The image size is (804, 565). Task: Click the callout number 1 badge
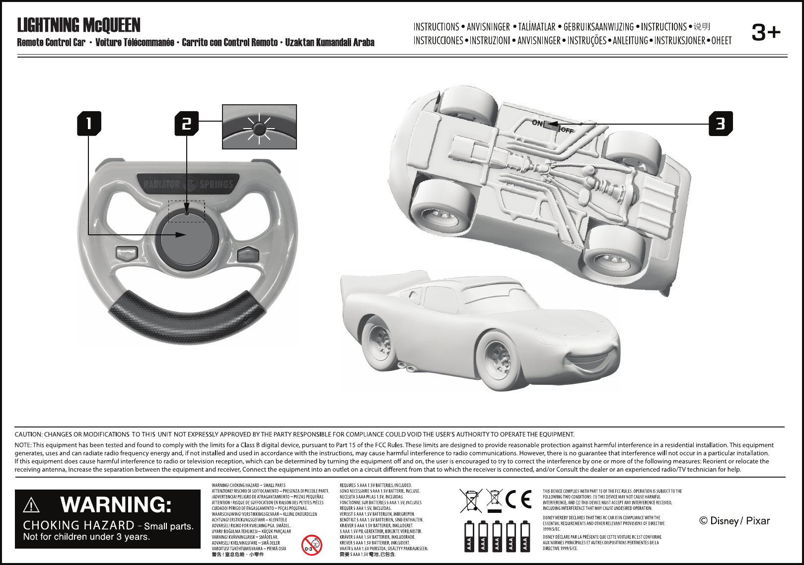(x=89, y=124)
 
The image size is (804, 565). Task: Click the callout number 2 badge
(x=186, y=124)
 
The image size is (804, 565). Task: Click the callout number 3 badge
(x=721, y=124)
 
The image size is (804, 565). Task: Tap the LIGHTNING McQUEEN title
(x=79, y=25)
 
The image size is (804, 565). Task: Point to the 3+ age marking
(x=766, y=33)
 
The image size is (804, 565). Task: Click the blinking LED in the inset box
(x=259, y=129)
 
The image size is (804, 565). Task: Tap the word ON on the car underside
(x=538, y=122)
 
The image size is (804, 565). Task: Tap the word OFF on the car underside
(x=567, y=130)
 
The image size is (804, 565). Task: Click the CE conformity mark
(x=519, y=499)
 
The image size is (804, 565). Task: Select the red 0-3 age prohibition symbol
(x=311, y=546)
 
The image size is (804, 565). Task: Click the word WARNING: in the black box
(x=116, y=504)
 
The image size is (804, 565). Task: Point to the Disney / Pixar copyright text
(x=734, y=521)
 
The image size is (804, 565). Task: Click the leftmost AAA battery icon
(x=469, y=537)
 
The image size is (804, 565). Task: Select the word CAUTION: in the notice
(x=28, y=434)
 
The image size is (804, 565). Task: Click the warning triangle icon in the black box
(x=32, y=505)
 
